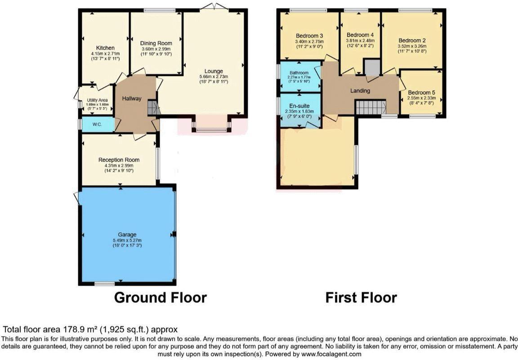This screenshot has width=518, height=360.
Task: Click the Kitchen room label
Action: [x=105, y=48]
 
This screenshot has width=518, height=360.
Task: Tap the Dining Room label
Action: [x=156, y=43]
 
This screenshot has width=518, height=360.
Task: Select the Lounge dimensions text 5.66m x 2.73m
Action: [x=214, y=76]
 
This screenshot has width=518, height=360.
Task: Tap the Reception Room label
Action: [x=119, y=160]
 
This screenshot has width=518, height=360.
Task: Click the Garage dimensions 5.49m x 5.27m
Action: [x=127, y=240]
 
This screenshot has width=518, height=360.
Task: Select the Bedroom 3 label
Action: [x=309, y=36]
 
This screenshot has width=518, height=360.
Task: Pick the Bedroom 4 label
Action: [x=360, y=35]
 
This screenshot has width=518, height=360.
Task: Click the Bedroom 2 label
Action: [x=412, y=40]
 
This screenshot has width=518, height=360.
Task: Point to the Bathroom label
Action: [x=299, y=73]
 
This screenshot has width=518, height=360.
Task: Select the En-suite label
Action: [x=299, y=106]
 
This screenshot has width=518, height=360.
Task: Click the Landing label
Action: [x=360, y=91]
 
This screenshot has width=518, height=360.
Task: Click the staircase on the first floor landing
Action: [x=371, y=108]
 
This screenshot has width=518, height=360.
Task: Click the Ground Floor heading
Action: [x=160, y=297]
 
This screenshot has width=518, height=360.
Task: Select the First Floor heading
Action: [x=361, y=297]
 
